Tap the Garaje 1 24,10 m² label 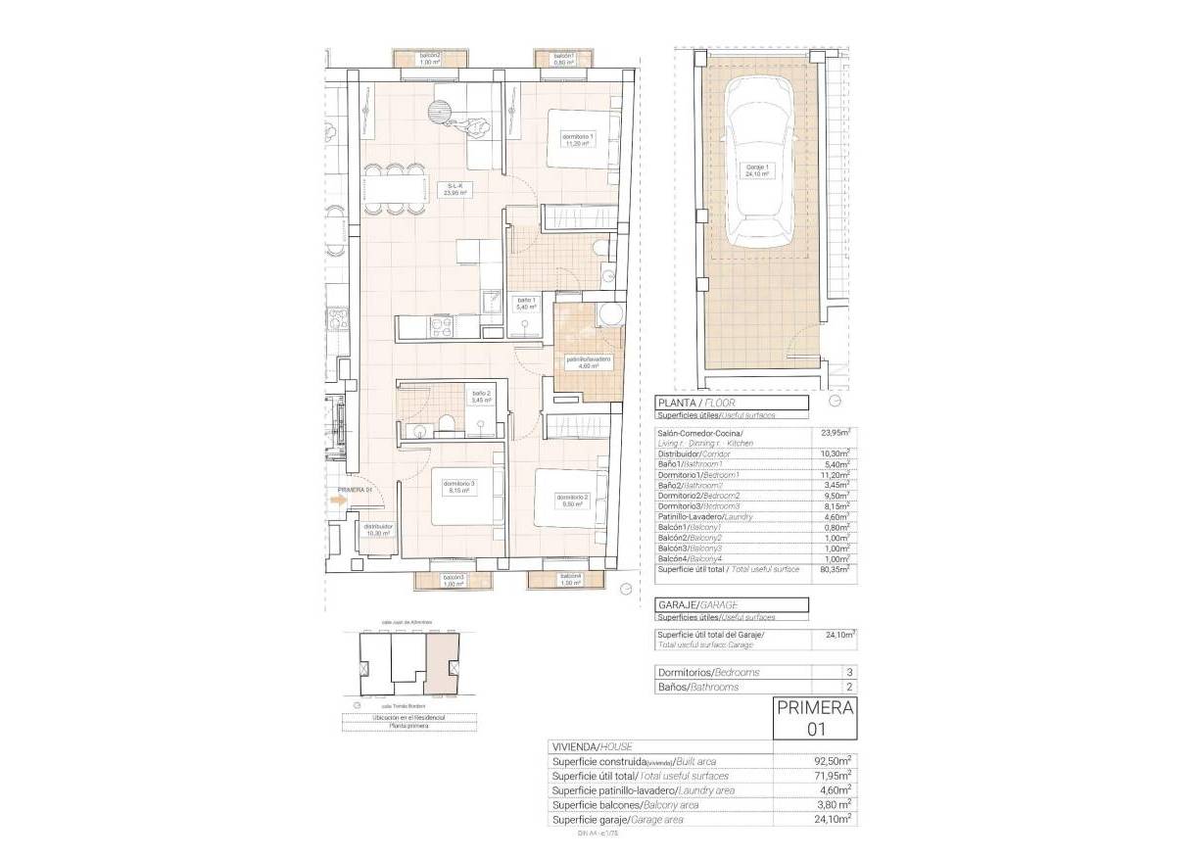(x=756, y=169)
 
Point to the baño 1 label (x=526, y=303)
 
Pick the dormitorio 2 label (x=573, y=500)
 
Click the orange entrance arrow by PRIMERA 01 (x=339, y=501)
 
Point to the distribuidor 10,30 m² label (x=378, y=529)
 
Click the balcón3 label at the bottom (x=453, y=581)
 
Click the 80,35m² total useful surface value (x=835, y=569)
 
